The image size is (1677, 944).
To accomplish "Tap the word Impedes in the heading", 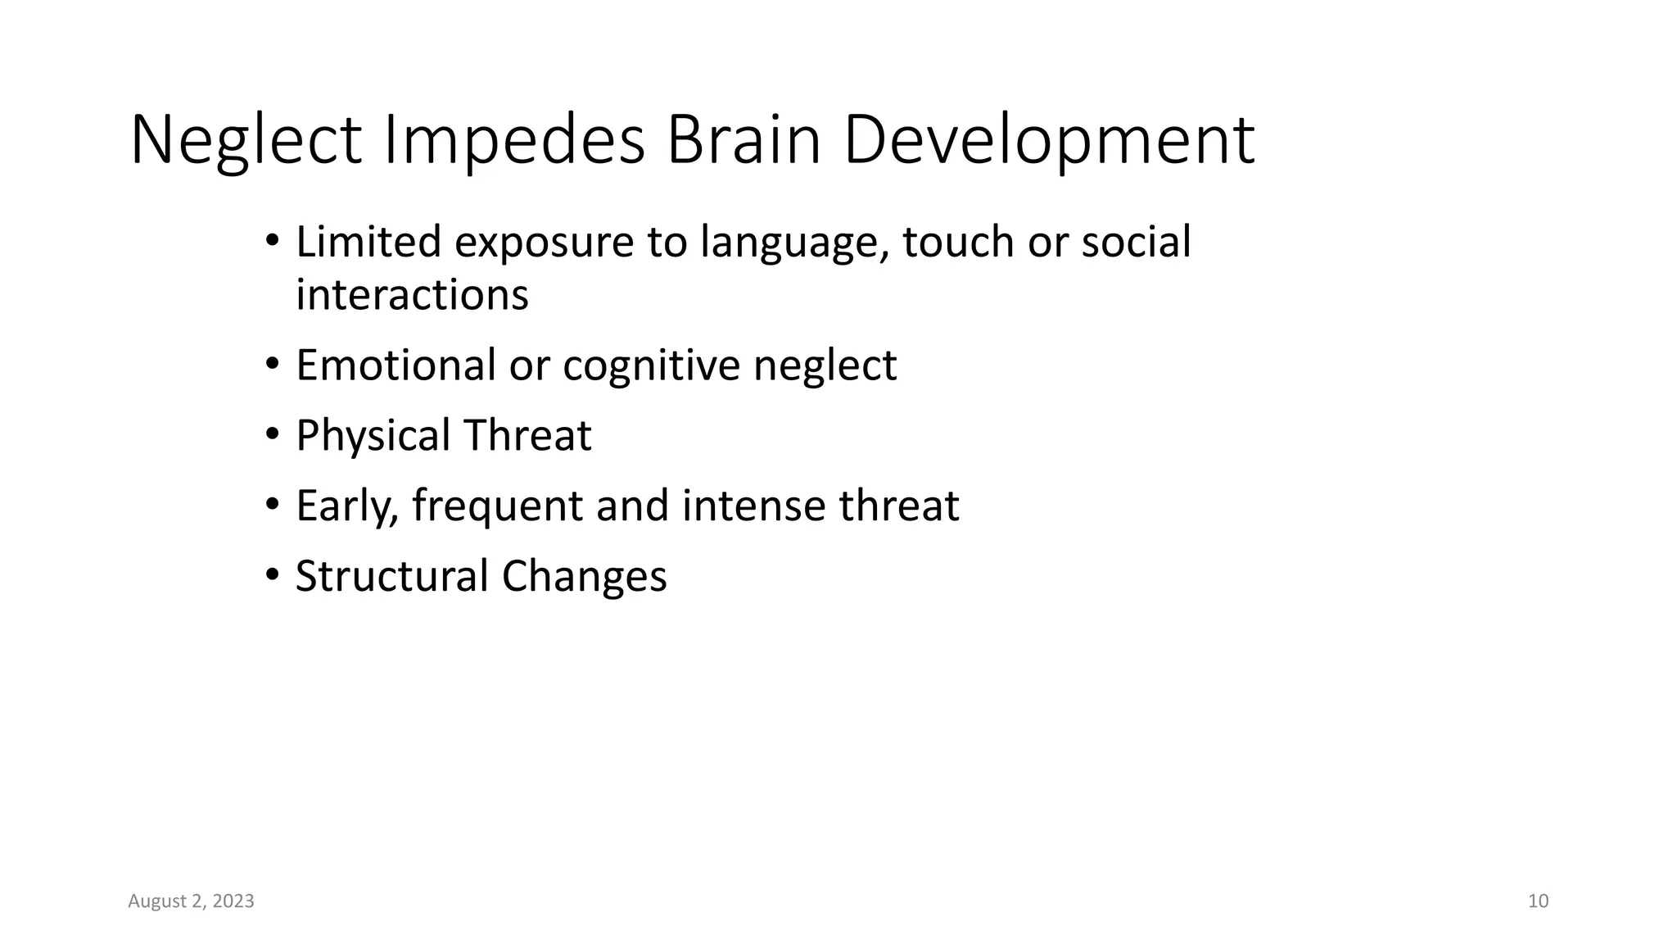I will click(514, 141).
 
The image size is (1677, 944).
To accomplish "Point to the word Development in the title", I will click(1048, 141).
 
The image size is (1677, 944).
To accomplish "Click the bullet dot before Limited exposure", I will click(273, 242).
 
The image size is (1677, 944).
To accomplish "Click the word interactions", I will click(412, 294).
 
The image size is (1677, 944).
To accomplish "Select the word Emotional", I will click(396, 365).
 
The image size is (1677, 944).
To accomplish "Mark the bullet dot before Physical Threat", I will click(273, 435).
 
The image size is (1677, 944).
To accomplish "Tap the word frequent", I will click(497, 506).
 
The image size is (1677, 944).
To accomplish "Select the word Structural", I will click(392, 575).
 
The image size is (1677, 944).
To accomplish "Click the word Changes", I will click(584, 577).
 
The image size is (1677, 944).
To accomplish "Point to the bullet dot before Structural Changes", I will click(273, 576).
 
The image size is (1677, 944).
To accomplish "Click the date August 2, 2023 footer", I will click(191, 901).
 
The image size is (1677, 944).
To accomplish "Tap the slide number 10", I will click(1538, 901).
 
